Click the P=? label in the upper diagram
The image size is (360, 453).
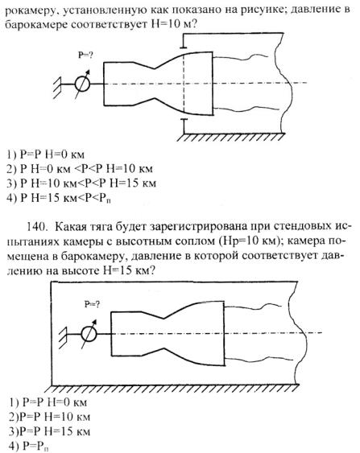click(85, 55)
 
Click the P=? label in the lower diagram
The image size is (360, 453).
click(92, 304)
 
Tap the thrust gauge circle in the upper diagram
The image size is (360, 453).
click(82, 84)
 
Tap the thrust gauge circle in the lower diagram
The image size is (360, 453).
click(89, 334)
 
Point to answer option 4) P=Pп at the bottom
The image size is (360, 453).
click(29, 446)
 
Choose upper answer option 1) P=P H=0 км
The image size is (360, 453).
click(45, 154)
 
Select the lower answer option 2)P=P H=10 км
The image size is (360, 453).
click(49, 417)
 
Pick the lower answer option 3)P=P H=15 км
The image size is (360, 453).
click(49, 431)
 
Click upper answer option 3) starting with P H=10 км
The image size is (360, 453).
click(81, 183)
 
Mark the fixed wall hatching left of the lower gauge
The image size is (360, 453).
click(64, 337)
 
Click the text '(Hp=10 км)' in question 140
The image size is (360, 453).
click(246, 241)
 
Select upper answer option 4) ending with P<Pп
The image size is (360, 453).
click(60, 198)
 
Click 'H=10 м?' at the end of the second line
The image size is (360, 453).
click(173, 24)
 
